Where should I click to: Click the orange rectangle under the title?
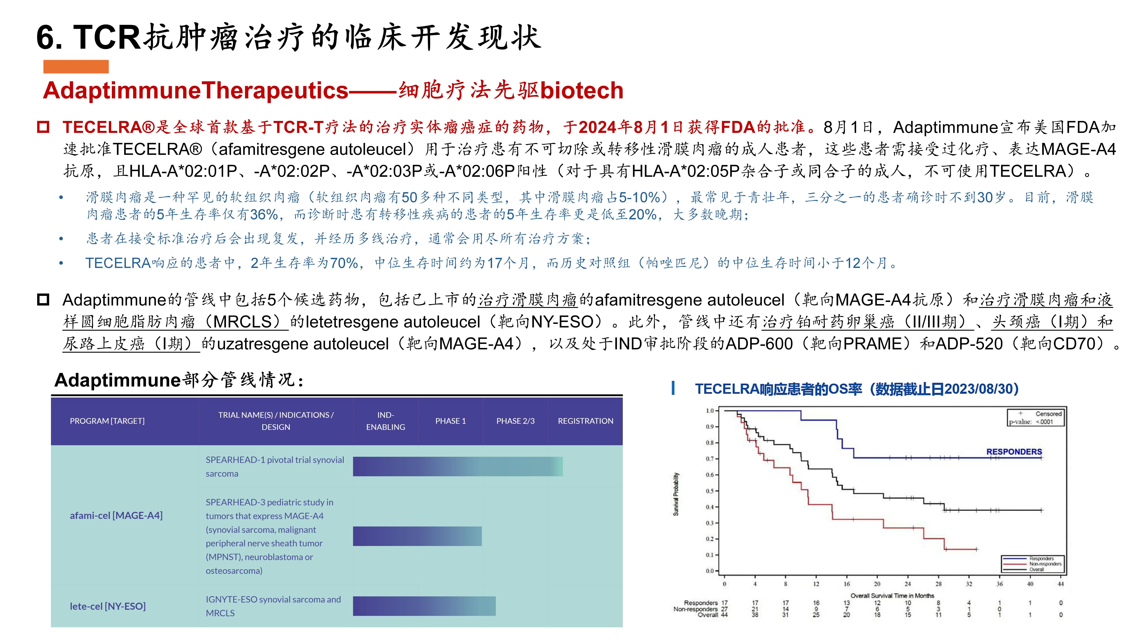click(76, 66)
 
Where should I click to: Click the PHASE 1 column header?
click(450, 421)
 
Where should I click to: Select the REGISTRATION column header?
click(585, 421)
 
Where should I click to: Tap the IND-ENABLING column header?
click(385, 421)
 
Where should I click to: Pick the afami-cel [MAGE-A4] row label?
click(116, 515)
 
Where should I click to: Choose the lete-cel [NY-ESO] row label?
click(108, 606)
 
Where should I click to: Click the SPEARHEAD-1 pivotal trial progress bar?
click(458, 466)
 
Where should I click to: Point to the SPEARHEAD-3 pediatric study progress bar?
click(417, 536)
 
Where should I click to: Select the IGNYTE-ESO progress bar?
click(424, 606)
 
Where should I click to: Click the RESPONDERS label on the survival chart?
click(1014, 451)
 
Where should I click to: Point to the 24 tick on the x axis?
click(908, 584)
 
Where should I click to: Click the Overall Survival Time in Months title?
click(892, 595)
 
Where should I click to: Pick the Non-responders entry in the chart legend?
click(1045, 564)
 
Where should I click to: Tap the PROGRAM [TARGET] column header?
click(107, 421)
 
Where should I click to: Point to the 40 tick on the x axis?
click(1030, 584)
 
